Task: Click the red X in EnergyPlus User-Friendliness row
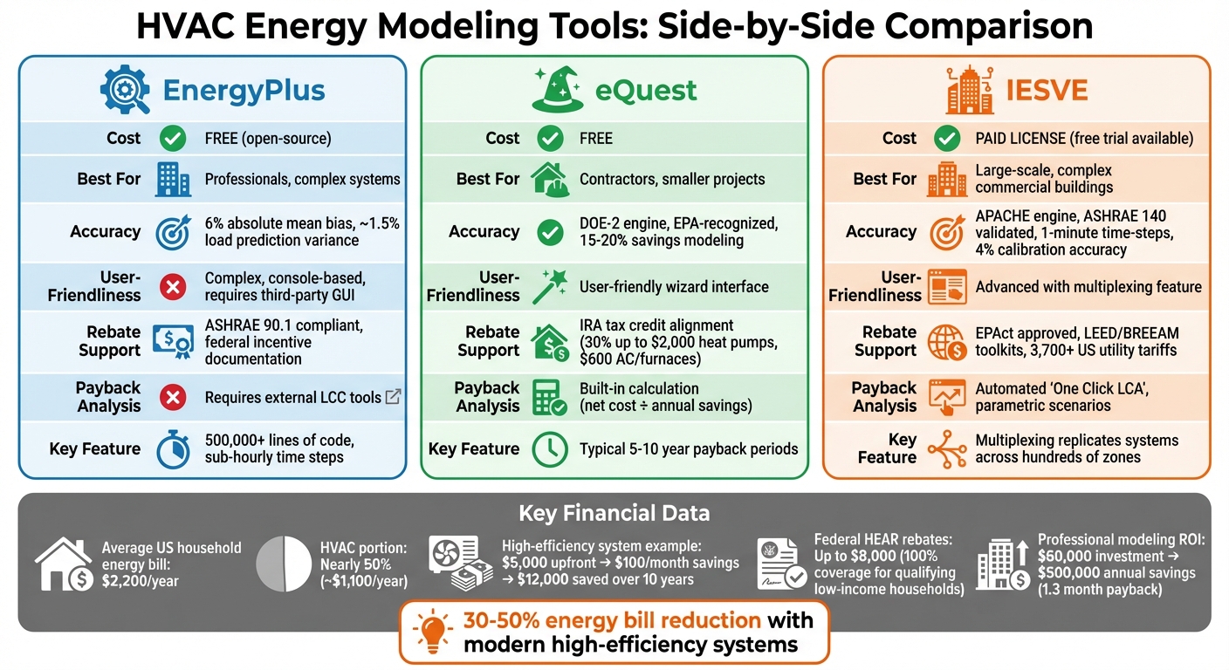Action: (173, 287)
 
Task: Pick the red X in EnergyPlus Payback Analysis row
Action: (173, 398)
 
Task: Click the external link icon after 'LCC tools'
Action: (394, 397)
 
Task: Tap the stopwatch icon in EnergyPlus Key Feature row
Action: (173, 449)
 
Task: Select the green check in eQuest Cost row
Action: (550, 138)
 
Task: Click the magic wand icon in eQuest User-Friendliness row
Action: (549, 286)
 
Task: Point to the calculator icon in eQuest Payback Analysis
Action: (549, 398)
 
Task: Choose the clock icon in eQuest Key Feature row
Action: (549, 450)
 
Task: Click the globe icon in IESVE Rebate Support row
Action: (946, 341)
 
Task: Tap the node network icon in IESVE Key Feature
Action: (946, 449)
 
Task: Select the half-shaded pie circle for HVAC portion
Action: (285, 564)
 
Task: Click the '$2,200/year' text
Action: (140, 581)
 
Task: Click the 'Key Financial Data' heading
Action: (614, 513)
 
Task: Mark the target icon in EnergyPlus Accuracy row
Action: (173, 232)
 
